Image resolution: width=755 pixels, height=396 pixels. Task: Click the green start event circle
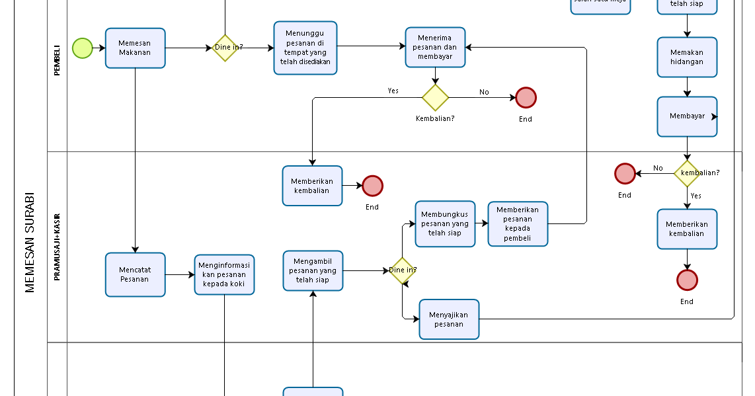coord(83,48)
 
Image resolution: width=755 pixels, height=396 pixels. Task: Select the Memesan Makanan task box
coord(135,48)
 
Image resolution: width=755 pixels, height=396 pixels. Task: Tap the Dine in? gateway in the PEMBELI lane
coord(225,48)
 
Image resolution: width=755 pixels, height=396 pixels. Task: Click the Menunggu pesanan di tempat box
coord(305,48)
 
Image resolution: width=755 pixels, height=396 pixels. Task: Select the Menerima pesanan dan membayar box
coord(435,48)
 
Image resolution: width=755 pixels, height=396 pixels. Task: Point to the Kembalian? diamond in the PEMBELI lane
coord(435,98)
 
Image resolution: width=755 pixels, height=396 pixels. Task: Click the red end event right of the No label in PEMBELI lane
coord(526,98)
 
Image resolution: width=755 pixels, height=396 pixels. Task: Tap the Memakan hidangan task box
coord(687,58)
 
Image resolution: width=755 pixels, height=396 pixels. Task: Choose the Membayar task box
coord(687,116)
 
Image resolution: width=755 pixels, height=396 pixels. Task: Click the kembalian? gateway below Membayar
coord(687,173)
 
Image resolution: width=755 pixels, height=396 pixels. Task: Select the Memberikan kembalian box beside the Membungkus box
coord(312,186)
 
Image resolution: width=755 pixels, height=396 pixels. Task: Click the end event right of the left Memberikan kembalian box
coord(372,186)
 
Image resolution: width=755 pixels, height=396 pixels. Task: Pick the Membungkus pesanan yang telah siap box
coord(445,224)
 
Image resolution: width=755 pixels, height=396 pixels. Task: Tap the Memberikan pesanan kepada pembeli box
coord(518,224)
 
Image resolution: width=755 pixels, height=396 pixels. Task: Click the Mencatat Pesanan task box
coord(135,274)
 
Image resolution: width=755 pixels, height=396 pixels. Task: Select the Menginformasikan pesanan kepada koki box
coord(224,274)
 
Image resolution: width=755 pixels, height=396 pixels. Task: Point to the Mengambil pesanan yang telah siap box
coord(313,270)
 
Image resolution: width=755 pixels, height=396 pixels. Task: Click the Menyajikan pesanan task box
coord(449,319)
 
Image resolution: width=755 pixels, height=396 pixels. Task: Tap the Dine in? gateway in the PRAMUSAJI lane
coord(402,270)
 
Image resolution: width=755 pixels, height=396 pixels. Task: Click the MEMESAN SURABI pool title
coord(30,242)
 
